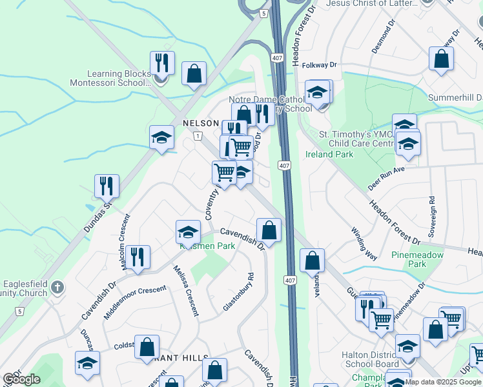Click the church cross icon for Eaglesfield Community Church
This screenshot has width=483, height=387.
(57, 286)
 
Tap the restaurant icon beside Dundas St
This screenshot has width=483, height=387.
(107, 186)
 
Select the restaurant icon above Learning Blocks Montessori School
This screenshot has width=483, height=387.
(161, 63)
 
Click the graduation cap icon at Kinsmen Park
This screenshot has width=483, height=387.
(188, 232)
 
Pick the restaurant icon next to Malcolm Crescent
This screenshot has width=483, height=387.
(138, 257)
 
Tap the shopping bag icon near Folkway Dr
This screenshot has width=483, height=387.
(442, 59)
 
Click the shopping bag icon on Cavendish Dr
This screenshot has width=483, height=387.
(269, 230)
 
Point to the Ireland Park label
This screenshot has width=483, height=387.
(329, 154)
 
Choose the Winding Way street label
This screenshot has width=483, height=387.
(364, 243)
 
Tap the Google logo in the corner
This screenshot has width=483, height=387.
(22, 379)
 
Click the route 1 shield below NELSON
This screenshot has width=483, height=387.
(198, 135)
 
